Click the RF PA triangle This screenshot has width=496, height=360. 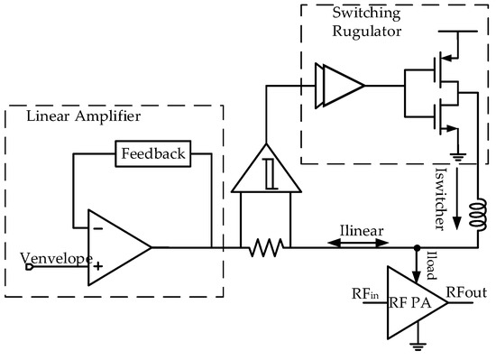click(x=411, y=299)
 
